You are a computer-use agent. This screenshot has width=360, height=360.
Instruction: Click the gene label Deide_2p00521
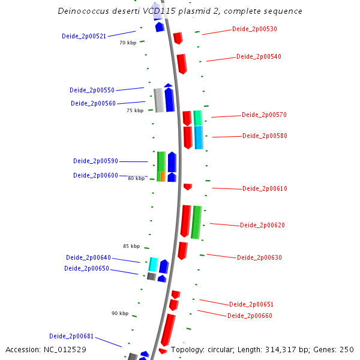[84, 36]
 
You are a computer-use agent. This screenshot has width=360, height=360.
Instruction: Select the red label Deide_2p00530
[254, 29]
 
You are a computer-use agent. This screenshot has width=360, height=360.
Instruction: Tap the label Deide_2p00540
[259, 56]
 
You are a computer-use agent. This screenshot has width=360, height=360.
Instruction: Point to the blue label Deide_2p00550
[92, 90]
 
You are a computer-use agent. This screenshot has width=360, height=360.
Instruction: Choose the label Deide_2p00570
[264, 115]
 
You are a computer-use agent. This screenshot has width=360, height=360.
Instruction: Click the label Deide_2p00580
[265, 136]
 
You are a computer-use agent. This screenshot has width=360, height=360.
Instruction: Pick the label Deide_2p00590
[95, 161]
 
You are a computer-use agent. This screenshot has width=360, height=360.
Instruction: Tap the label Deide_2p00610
[265, 188]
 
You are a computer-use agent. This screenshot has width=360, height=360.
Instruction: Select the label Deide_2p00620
[262, 225]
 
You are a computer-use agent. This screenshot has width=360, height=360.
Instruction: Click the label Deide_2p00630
[259, 257]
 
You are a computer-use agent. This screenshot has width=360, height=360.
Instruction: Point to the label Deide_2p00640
[88, 257]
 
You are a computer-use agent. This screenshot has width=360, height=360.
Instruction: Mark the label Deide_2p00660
[250, 316]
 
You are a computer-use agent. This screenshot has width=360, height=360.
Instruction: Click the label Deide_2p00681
[71, 336]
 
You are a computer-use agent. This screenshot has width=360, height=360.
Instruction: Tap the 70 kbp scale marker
[128, 43]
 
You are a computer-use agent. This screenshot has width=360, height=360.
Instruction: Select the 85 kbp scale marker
[131, 246]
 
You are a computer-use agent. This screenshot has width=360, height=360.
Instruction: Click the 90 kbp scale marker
[120, 313]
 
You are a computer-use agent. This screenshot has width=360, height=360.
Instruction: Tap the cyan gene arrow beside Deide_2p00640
[154, 264]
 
